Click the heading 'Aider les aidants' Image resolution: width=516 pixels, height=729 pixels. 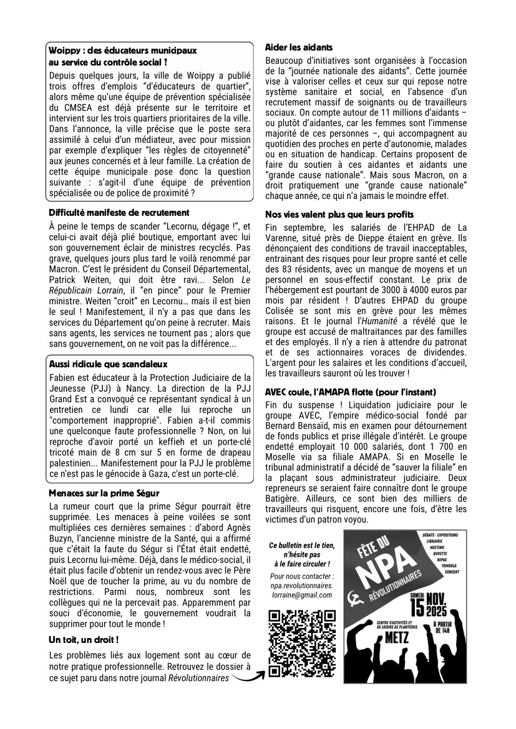pos(299,47)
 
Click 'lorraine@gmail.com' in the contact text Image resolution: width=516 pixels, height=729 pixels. pos(301,595)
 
